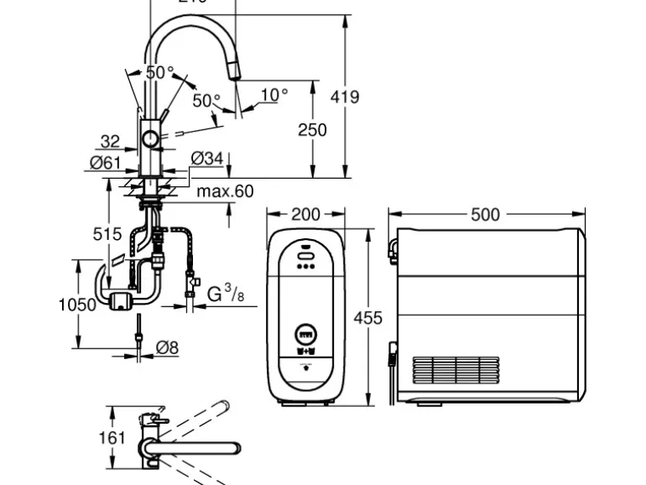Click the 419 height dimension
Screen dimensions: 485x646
pos(344,96)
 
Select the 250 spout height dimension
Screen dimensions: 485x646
pos(312,129)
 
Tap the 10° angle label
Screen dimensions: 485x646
pos(273,95)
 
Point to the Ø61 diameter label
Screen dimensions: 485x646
pos(106,163)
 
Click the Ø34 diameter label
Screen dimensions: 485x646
pos(207,158)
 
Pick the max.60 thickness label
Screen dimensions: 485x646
pos(225,191)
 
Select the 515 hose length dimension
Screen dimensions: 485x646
pos(107,234)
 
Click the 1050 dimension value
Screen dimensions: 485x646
pos(76,305)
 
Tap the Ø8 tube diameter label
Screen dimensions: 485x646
pos(168,347)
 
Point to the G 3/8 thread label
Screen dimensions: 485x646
pos(226,294)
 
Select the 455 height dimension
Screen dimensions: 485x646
pos(367,318)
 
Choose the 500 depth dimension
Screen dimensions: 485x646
pos(485,215)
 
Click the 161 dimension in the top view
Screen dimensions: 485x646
pos(112,437)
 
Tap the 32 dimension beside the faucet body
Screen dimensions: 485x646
pos(110,142)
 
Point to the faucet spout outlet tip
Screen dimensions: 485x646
pos(234,76)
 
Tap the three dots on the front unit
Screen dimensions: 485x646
pos(305,269)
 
